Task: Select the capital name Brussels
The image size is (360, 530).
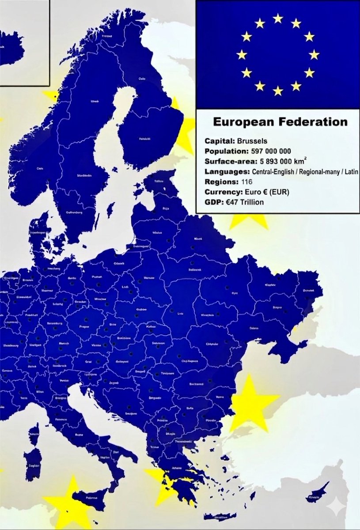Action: click(x=251, y=141)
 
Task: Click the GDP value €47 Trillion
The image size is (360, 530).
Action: click(x=246, y=202)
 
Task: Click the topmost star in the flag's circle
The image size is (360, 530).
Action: click(x=278, y=18)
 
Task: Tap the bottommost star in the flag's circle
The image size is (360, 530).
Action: click(x=278, y=91)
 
